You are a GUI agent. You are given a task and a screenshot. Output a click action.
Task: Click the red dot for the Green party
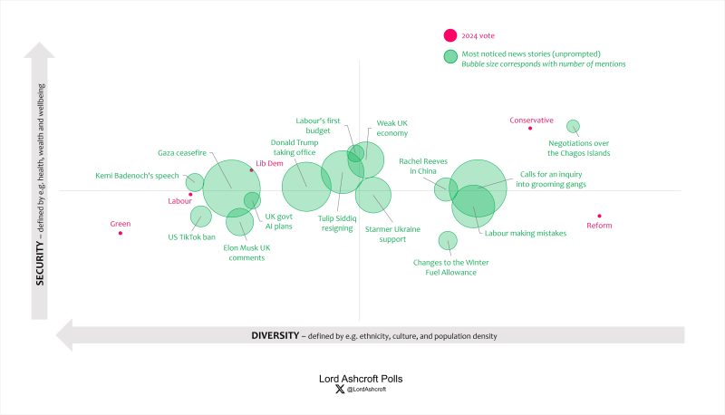(x=121, y=233)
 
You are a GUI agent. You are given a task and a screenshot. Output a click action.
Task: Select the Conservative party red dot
(x=530, y=129)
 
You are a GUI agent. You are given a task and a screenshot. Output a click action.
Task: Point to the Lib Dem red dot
(x=252, y=169)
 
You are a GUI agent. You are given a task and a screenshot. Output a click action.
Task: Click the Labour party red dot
(x=190, y=194)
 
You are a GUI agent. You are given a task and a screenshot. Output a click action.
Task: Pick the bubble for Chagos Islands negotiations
(x=573, y=127)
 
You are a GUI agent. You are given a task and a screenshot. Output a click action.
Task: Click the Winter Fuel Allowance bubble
(x=448, y=240)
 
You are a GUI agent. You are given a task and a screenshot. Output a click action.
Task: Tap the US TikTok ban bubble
(x=200, y=217)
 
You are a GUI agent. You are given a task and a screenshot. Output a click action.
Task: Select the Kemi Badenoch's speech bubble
(x=195, y=181)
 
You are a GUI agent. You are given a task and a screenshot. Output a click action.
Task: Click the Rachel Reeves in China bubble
(x=444, y=188)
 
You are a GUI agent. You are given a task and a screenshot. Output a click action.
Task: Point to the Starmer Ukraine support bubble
(x=372, y=195)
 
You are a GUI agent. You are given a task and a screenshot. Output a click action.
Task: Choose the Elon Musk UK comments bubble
(x=239, y=222)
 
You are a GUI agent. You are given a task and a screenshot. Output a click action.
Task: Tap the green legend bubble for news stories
(x=449, y=57)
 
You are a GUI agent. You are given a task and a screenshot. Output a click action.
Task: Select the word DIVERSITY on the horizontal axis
(x=275, y=335)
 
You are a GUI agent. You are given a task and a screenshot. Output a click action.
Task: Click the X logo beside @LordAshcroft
(x=338, y=390)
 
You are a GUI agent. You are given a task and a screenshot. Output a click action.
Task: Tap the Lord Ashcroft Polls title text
(x=362, y=378)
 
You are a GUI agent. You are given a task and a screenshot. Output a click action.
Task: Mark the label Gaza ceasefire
(x=179, y=153)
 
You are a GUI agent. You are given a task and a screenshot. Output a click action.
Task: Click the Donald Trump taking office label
(x=293, y=148)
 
